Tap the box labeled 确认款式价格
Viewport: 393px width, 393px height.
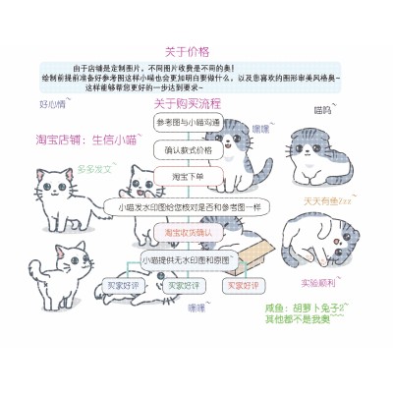188,150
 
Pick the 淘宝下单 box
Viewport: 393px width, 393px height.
188,177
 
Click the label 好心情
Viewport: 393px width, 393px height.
52,102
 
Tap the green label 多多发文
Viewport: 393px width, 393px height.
94,169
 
